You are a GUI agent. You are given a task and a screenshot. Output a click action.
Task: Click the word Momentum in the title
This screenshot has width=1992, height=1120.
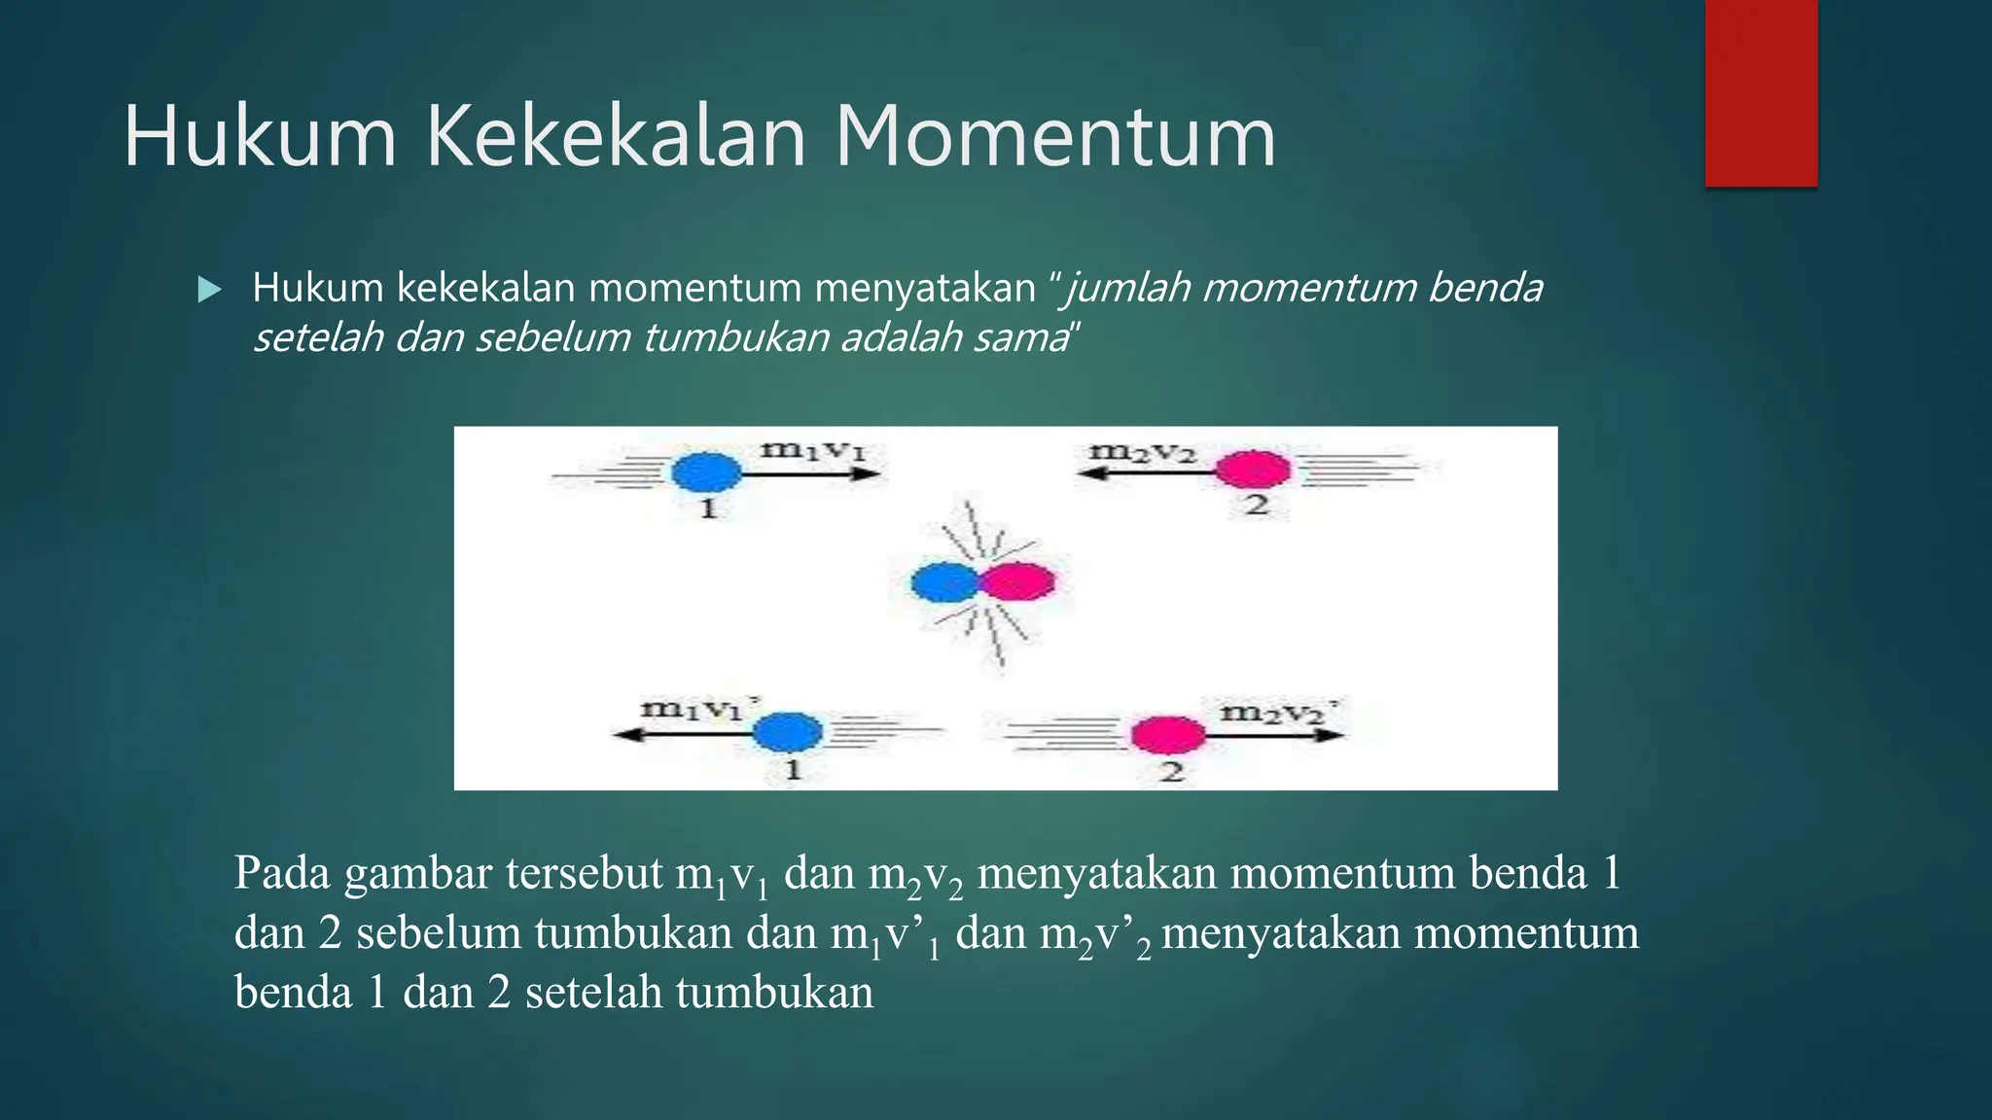(x=1054, y=137)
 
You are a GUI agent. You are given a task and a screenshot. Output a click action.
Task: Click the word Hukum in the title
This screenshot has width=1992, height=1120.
(x=260, y=137)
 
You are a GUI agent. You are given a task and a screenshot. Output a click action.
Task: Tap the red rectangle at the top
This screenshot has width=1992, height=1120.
(x=1761, y=93)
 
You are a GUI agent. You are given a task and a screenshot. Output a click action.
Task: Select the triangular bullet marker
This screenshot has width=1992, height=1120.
(x=209, y=290)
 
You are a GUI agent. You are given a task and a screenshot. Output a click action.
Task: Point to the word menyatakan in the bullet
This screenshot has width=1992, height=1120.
(x=924, y=289)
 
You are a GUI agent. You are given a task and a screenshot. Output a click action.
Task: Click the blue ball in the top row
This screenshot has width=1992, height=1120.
(x=707, y=472)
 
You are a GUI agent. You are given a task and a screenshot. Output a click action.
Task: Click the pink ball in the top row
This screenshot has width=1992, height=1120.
(x=1253, y=470)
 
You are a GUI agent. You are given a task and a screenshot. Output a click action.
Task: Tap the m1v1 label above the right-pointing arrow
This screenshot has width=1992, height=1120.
(x=812, y=450)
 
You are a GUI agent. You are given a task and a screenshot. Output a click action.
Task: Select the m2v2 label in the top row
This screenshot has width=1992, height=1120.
(x=1141, y=452)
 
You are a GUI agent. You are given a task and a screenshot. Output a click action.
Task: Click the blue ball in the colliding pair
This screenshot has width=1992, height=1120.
(x=943, y=582)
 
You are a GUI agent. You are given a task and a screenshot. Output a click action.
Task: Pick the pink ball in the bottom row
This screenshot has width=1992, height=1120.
(x=1167, y=735)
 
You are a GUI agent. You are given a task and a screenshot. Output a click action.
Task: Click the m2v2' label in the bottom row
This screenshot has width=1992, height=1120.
(x=1277, y=713)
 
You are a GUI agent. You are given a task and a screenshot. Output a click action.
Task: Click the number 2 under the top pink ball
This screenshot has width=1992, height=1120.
(x=1257, y=505)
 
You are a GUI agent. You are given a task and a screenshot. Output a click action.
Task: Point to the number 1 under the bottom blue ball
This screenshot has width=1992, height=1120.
(x=793, y=770)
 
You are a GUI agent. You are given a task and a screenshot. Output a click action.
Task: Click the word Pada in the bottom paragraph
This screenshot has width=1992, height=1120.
(x=281, y=872)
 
